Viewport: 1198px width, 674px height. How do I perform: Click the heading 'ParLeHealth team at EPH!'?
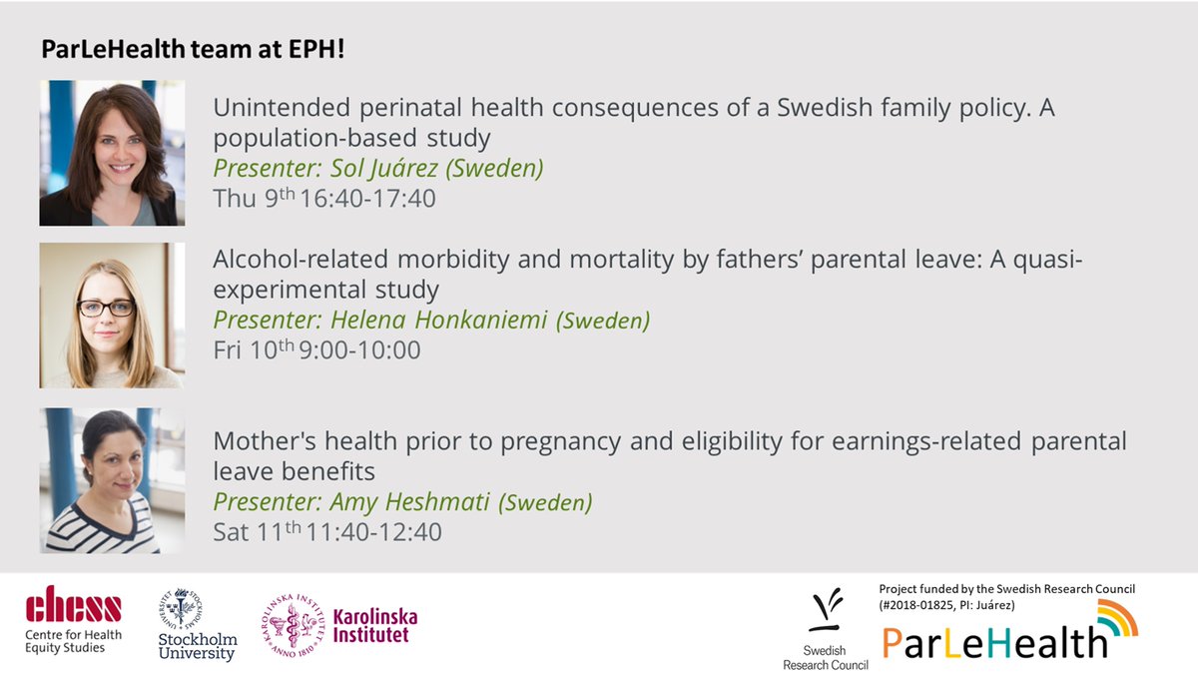193,49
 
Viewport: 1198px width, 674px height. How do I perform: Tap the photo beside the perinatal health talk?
112,153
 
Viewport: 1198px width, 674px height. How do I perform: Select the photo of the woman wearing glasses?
112,315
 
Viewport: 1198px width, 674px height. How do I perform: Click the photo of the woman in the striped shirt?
112,480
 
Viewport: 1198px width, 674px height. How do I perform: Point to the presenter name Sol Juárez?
378,168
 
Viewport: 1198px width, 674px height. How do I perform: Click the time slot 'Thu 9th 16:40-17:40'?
324,199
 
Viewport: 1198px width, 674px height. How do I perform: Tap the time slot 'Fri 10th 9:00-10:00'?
316,350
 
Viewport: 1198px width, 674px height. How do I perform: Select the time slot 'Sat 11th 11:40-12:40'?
327,532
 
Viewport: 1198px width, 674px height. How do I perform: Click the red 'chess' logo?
74,605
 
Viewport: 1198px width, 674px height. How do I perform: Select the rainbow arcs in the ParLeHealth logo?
1115,620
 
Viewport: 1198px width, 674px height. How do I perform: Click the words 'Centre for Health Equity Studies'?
65,640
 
